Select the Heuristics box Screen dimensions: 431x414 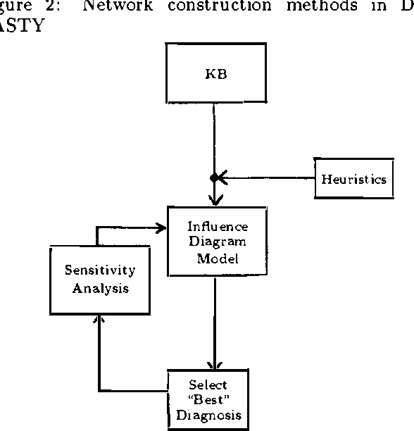pos(353,179)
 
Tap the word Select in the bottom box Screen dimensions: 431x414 pos(208,386)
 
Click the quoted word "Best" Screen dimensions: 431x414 pos(208,400)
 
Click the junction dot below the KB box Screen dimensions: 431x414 pos(214,178)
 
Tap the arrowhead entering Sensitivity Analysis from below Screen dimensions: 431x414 pos(99,320)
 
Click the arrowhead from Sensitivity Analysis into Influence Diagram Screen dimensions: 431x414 pos(161,227)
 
